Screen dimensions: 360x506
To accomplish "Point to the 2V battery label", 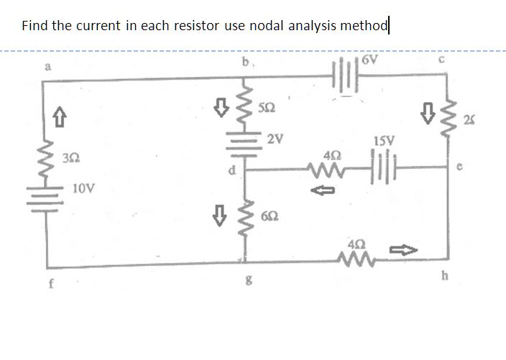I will click(x=274, y=139).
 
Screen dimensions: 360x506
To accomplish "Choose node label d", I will click(x=232, y=171).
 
